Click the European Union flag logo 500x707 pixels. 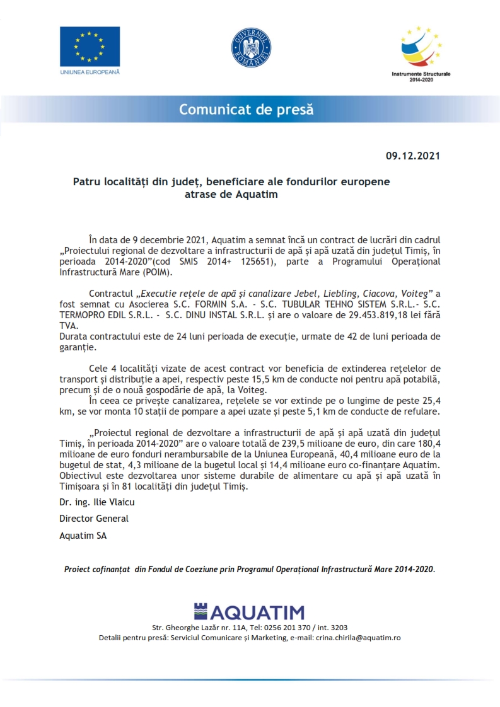click(x=90, y=47)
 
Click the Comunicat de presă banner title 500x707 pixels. click(x=246, y=110)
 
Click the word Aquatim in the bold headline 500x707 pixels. click(x=257, y=195)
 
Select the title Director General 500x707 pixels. click(x=94, y=519)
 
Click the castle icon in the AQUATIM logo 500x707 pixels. click(x=200, y=612)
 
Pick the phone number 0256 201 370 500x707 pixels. click(x=290, y=628)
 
